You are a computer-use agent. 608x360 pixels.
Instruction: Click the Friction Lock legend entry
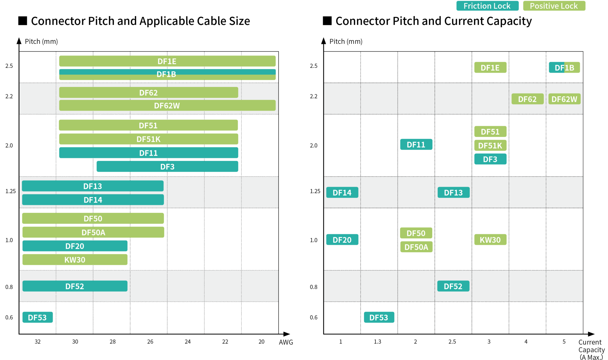point(487,6)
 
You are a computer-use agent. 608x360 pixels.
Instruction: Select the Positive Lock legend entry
point(554,6)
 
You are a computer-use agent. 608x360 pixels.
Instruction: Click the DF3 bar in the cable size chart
point(167,167)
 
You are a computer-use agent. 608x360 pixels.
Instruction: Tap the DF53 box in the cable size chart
point(37,317)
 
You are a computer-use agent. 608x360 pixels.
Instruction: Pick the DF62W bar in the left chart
point(167,105)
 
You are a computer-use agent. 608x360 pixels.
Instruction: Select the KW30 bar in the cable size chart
point(75,260)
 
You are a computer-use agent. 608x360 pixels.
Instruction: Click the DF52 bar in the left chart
point(75,286)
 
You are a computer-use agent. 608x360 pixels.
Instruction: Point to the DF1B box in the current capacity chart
point(564,68)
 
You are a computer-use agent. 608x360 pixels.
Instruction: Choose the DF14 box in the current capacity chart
point(342,193)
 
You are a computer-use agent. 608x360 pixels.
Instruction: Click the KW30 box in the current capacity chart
point(490,240)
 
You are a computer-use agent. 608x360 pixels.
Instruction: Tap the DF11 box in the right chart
point(416,145)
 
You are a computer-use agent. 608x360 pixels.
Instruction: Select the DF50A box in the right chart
point(416,247)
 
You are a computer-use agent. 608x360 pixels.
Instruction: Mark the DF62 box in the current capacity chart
point(527,99)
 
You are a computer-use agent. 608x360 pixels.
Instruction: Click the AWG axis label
point(286,342)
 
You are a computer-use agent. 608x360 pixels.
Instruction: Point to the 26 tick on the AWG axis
point(150,342)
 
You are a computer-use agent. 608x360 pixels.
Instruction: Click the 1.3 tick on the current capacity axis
point(378,342)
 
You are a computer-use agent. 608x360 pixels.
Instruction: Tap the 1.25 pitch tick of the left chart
point(11,191)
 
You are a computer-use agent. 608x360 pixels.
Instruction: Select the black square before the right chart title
point(327,21)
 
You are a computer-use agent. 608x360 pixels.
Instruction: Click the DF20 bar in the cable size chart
point(75,246)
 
